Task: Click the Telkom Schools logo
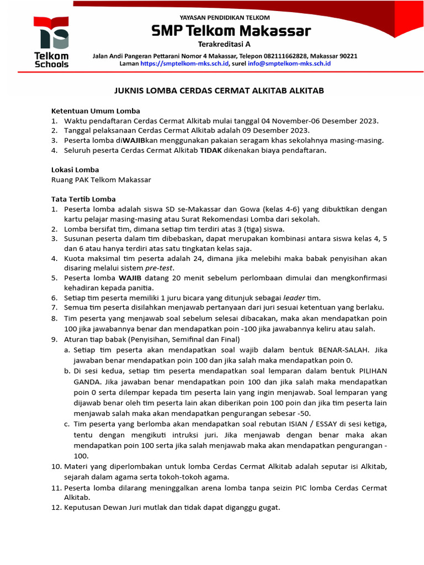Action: coord(51,42)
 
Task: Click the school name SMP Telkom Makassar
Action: coord(231,31)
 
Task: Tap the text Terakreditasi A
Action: coord(224,45)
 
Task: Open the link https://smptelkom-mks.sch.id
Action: coord(184,64)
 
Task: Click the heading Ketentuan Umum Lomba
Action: coord(96,110)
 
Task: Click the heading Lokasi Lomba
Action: coord(75,170)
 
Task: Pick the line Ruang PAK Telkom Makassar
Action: coord(101,180)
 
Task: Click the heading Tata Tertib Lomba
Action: coord(83,199)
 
